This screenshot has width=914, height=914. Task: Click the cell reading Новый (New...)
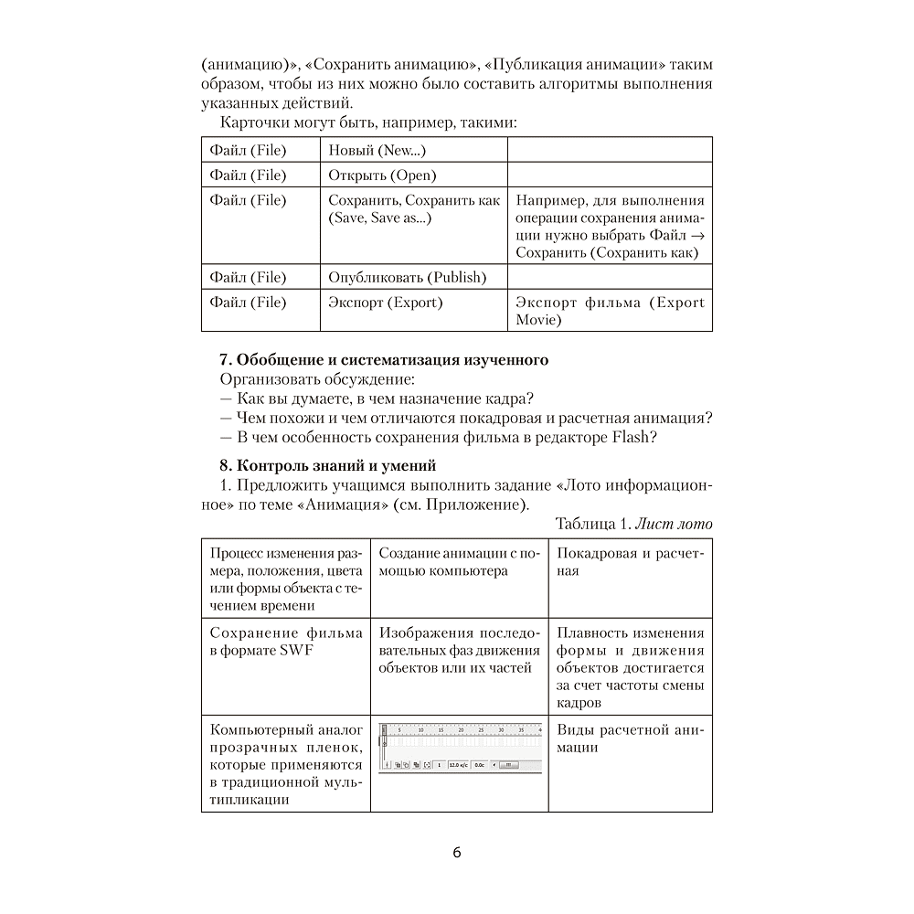click(x=377, y=150)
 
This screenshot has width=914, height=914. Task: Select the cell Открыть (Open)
click(x=382, y=175)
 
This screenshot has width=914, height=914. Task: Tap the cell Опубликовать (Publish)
click(x=407, y=277)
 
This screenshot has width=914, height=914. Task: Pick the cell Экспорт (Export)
click(x=385, y=303)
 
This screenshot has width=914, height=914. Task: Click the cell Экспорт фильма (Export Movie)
click(x=610, y=311)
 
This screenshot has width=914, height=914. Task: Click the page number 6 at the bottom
click(x=457, y=853)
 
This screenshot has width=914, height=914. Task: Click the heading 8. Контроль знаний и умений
click(x=328, y=466)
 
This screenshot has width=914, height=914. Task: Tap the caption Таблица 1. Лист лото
click(x=633, y=524)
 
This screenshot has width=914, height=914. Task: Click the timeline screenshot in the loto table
click(x=460, y=748)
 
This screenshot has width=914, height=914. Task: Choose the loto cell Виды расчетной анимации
click(x=631, y=739)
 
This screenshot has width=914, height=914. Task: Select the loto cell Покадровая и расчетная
click(x=631, y=562)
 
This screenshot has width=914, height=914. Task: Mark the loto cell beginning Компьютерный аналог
click(x=286, y=764)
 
